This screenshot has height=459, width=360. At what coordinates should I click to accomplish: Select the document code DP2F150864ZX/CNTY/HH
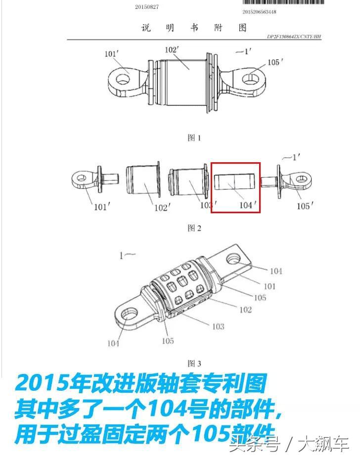click(x=294, y=37)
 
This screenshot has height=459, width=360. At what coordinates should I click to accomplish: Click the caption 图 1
click(x=194, y=138)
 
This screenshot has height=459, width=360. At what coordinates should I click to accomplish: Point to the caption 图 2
click(x=194, y=228)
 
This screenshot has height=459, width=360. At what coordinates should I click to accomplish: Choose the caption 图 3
click(x=194, y=364)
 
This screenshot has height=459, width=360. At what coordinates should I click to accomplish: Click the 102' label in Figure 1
click(x=172, y=50)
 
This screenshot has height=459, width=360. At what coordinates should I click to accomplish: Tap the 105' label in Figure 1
click(x=275, y=62)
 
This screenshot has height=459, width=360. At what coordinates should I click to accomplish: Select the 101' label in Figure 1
click(x=111, y=54)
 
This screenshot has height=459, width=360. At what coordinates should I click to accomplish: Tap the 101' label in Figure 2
click(x=101, y=207)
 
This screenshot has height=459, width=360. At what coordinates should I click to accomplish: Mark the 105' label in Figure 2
click(x=305, y=206)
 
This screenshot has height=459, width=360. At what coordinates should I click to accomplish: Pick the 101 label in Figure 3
click(x=270, y=286)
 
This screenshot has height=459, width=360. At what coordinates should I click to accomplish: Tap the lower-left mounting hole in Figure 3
click(x=130, y=313)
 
